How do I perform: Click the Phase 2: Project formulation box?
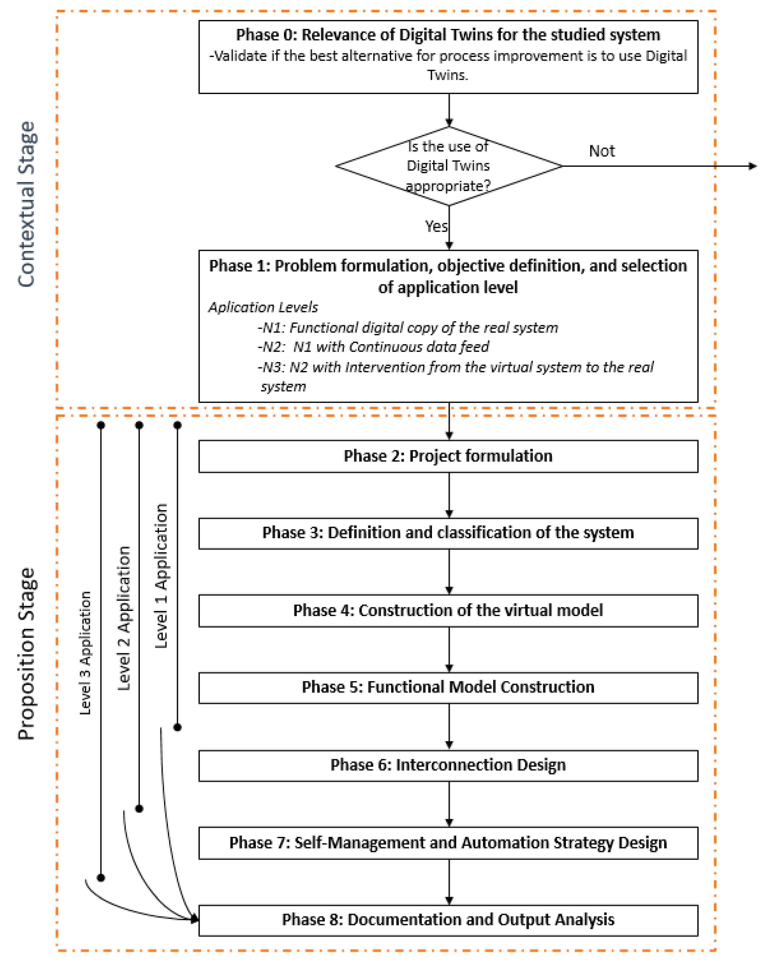448,456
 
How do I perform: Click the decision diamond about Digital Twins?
448,166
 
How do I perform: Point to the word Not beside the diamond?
601,151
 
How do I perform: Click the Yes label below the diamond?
436,226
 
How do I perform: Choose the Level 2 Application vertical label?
124,618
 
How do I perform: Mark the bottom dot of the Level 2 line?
139,809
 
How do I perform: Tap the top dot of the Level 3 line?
101,425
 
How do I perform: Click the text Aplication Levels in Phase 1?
263,307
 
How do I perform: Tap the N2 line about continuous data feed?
373,347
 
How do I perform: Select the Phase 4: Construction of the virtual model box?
448,610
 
